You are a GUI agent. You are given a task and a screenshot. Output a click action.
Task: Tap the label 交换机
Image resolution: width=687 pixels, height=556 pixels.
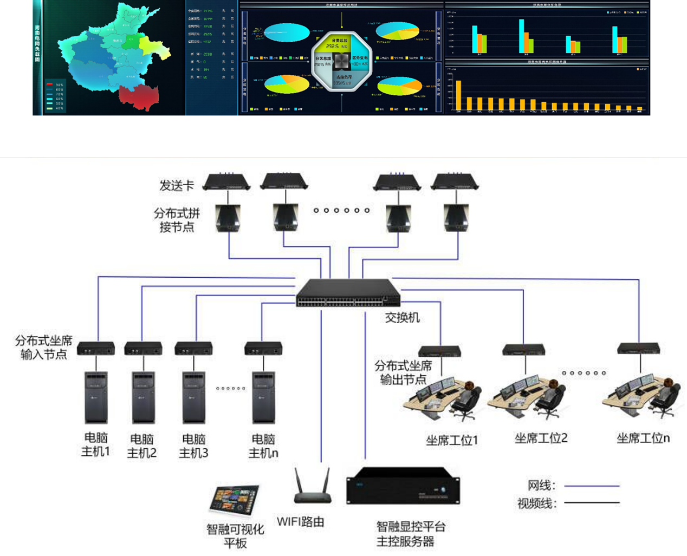point(402,318)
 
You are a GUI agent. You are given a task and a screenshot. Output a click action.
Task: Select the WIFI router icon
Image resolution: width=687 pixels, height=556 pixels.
point(313,487)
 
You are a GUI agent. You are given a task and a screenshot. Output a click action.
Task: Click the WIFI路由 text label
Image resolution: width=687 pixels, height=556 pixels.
point(301,522)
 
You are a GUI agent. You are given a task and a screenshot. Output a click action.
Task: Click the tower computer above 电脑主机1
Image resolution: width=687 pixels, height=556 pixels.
point(96,397)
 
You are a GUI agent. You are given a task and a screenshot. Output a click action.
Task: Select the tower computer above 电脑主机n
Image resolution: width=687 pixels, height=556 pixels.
point(263,397)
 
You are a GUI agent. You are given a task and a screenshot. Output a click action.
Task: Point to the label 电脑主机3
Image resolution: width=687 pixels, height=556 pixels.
point(194,446)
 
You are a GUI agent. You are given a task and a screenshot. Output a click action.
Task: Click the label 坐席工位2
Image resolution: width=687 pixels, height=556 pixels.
point(541,438)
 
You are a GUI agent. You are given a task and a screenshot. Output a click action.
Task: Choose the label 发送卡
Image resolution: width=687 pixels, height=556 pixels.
point(177,186)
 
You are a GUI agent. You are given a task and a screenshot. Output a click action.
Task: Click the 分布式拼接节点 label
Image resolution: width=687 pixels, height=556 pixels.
point(177,220)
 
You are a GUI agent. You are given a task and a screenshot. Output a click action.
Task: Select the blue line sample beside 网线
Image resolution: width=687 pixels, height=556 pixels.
point(592,486)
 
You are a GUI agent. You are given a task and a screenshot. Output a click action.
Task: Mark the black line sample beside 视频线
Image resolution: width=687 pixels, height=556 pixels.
point(592,503)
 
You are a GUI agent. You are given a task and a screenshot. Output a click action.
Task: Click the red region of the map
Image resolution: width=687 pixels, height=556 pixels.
point(139,96)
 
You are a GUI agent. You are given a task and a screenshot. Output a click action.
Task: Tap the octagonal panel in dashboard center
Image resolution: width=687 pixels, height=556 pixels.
point(341,61)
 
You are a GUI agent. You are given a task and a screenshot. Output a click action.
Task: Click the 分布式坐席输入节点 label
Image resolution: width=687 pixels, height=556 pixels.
point(43,348)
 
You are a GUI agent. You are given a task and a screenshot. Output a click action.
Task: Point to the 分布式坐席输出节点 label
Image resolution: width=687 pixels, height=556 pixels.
point(403,372)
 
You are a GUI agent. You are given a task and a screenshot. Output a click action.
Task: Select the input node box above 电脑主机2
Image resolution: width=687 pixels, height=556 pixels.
point(143,349)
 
